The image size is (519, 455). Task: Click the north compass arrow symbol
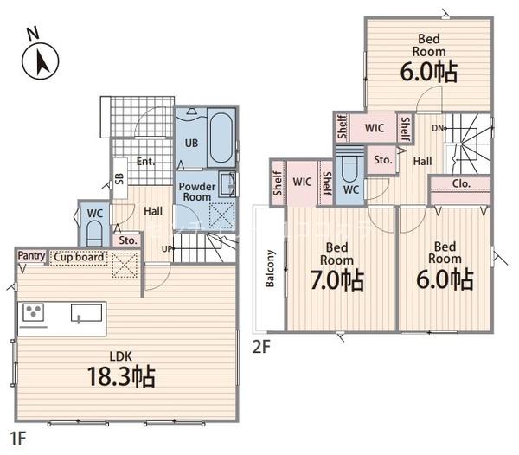pos(41,61)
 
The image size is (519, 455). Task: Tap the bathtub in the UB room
pos(221,138)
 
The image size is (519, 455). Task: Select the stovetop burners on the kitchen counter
pos(33,312)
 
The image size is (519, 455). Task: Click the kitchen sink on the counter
pos(86,313)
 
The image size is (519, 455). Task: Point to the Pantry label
pos(31,255)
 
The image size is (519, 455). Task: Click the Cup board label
pos(79,257)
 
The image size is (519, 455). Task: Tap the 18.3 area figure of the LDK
pos(121,376)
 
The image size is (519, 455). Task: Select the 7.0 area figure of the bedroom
pos(337,280)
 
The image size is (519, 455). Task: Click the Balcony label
pos(270,268)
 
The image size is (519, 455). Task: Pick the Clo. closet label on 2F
pos(461,183)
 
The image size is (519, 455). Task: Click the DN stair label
pos(438,128)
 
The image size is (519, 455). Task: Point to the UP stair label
pos(166,249)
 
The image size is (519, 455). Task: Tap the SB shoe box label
pos(119,179)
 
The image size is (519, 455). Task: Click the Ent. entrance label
pos(146,162)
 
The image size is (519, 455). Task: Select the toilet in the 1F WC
pos(94,233)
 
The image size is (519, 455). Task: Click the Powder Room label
pos(196,191)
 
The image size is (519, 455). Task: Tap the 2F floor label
pos(262,347)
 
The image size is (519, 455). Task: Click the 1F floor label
pos(18,439)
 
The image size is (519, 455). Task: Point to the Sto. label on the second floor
pos(383,160)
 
